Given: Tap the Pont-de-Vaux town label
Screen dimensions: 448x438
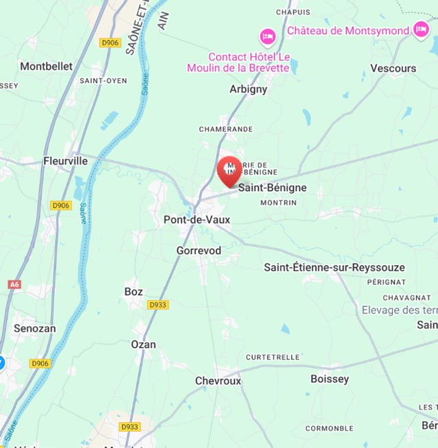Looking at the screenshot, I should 196,220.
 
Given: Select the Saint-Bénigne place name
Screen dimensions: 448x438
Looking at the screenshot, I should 272,188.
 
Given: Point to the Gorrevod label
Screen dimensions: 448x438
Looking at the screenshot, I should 198,251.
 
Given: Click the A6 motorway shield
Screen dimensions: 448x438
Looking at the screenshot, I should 14,284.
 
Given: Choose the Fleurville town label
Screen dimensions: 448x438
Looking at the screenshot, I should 65,162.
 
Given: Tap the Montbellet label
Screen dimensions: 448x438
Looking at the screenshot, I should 46,66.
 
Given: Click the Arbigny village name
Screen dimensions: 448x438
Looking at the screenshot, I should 248,89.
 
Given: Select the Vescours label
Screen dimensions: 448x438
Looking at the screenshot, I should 393,69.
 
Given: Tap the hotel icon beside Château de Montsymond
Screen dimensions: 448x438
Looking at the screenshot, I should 421,30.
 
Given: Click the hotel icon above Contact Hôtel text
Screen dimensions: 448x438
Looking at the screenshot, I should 267,36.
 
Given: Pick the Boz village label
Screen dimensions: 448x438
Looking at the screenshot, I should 133,292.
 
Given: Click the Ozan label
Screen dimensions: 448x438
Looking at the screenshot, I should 143,345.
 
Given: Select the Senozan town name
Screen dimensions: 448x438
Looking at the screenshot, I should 35,329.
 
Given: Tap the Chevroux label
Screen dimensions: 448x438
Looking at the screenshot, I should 218,381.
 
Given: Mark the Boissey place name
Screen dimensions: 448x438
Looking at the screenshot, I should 329,379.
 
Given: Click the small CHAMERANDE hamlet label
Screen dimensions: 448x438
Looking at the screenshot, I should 226,129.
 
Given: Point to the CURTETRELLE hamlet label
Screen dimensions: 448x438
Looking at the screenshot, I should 273,357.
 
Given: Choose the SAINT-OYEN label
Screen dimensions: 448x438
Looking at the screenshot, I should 103,81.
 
